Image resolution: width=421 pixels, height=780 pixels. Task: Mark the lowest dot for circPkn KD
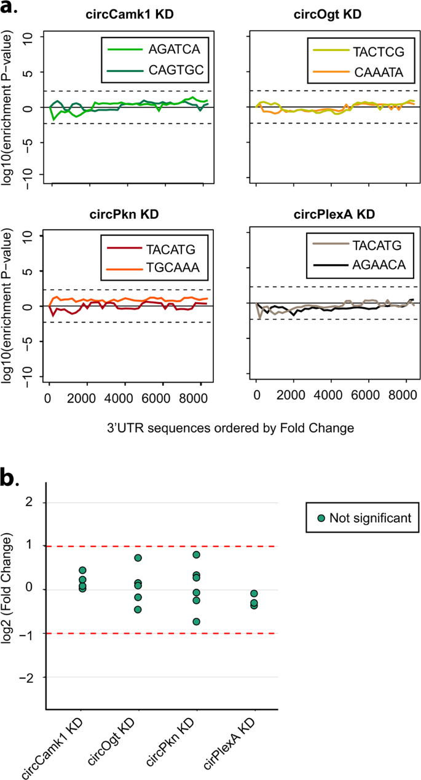[x=196, y=622]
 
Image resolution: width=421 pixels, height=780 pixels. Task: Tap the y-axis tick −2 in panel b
[x=32, y=677]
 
